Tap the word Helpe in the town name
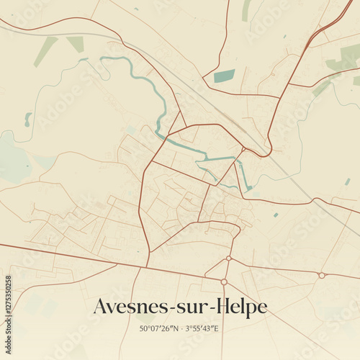click(x=245, y=307)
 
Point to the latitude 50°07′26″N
click(x=163, y=329)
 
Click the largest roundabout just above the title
click(x=224, y=282)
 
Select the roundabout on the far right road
click(x=322, y=275)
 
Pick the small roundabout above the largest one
click(x=228, y=258)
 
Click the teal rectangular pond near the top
click(x=225, y=76)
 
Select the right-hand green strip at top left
click(x=76, y=44)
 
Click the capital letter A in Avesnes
click(x=102, y=307)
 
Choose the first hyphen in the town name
click(x=174, y=309)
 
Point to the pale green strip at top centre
click(x=246, y=10)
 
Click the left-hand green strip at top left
click(x=45, y=51)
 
